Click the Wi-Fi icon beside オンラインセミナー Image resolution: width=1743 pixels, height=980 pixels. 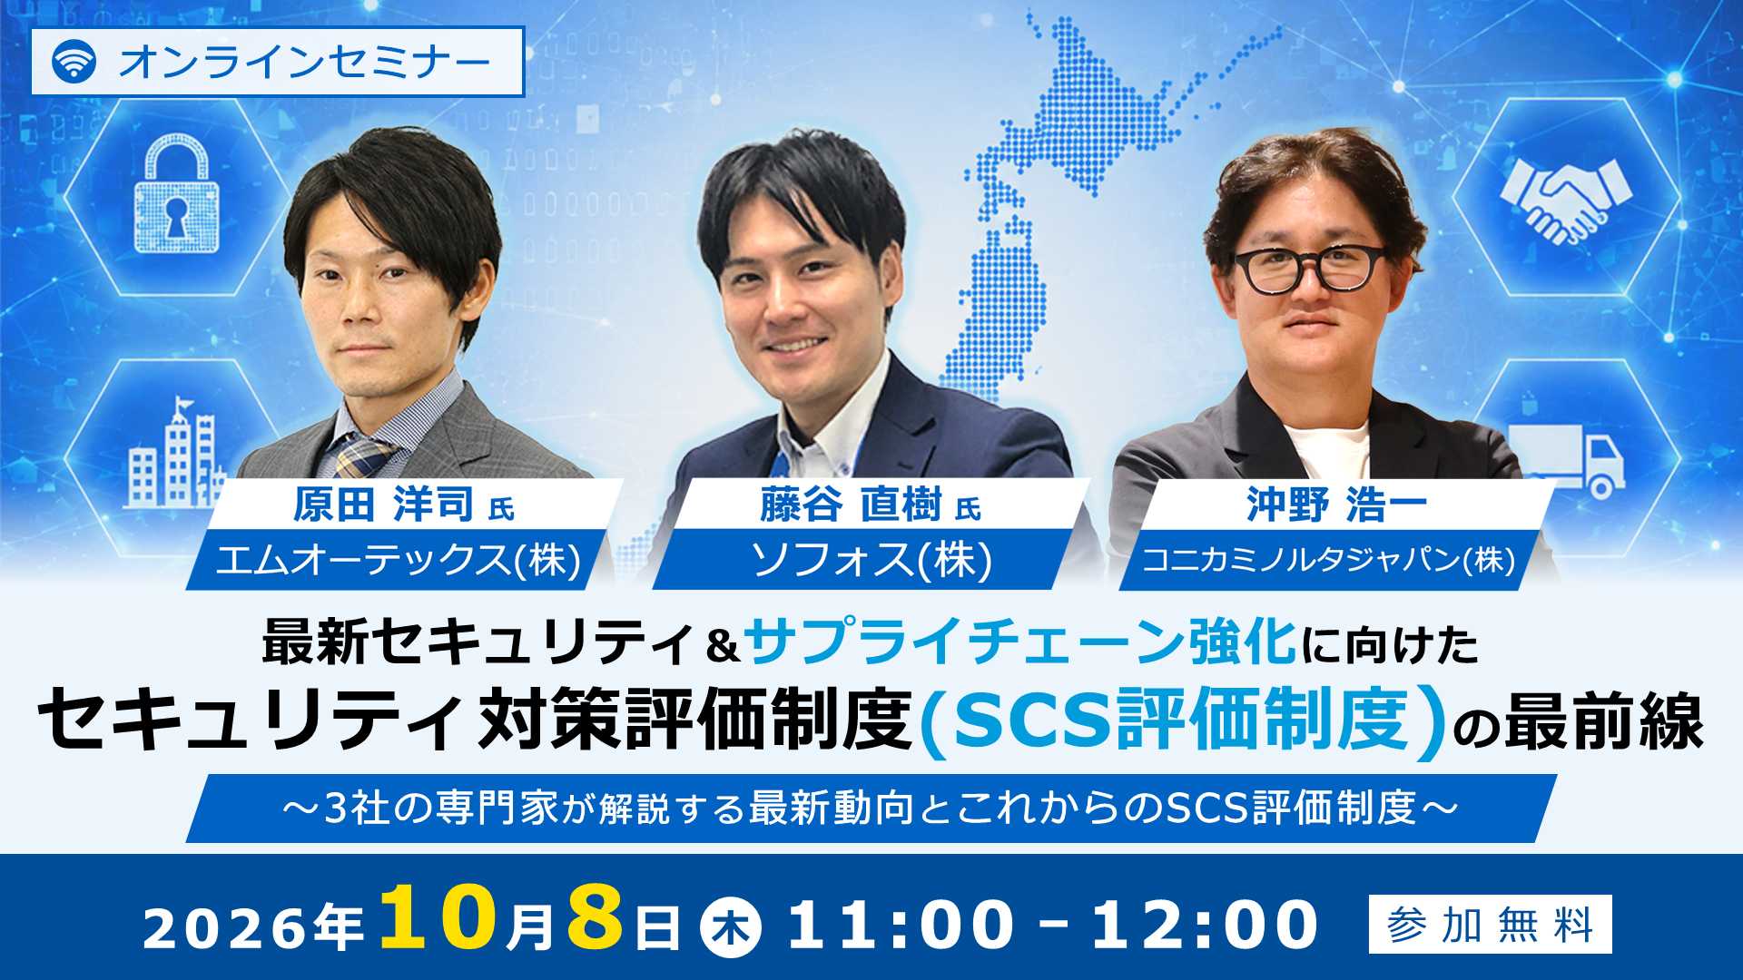[x=74, y=62]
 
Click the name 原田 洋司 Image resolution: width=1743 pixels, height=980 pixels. [x=382, y=505]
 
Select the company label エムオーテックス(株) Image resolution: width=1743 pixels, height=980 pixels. [x=398, y=559]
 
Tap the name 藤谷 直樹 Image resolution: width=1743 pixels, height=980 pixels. [x=851, y=505]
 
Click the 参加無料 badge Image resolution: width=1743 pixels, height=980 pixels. [x=1491, y=925]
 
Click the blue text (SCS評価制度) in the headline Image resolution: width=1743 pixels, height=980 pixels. [x=1182, y=720]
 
